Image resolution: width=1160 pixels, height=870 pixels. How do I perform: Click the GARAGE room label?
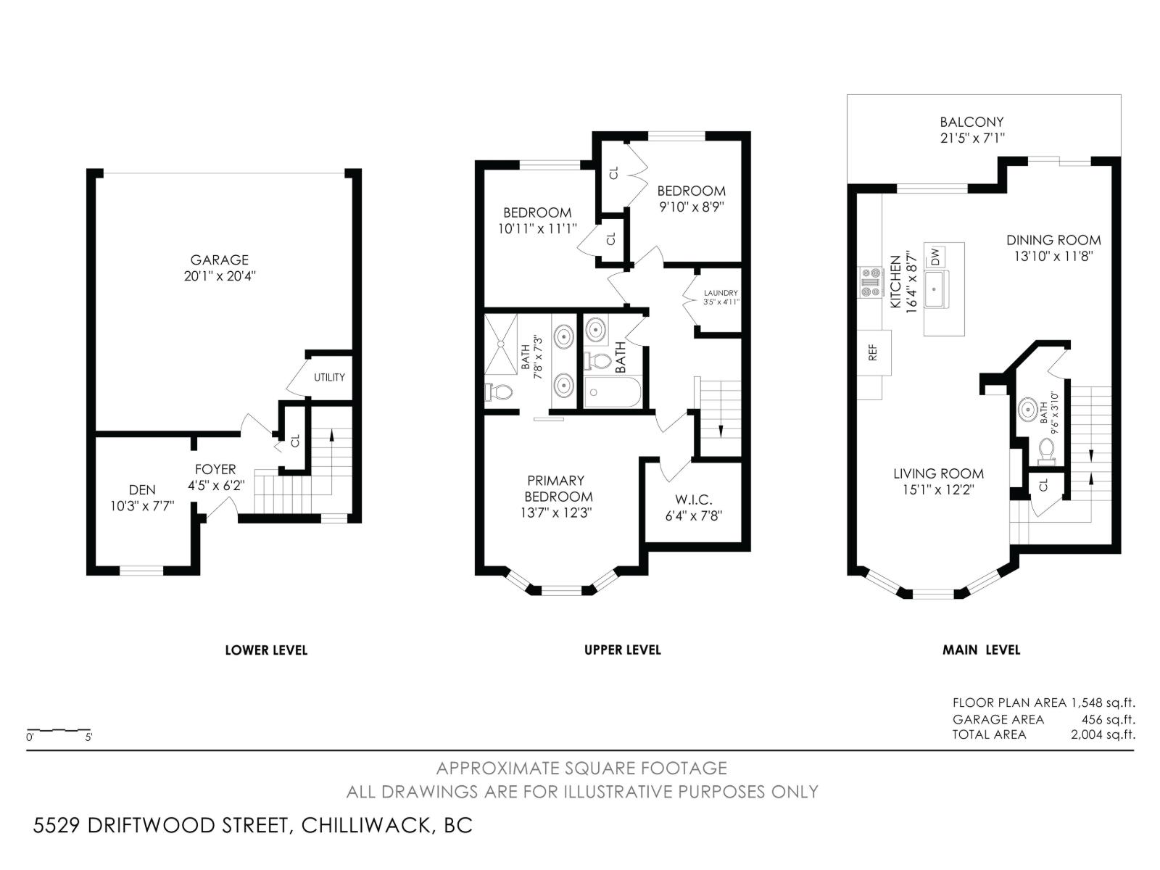(219, 260)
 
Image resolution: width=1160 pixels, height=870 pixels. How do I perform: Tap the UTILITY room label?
(329, 378)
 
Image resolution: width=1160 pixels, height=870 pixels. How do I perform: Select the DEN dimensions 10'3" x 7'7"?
(142, 506)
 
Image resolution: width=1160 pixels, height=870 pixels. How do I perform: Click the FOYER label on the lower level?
(215, 470)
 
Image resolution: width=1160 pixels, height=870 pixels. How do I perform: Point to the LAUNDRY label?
(721, 293)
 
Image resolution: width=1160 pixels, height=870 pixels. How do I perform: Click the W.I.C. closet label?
(694, 500)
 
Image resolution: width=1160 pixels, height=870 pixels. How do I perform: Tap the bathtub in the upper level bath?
(613, 393)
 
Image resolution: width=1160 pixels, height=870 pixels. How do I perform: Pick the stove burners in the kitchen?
(869, 282)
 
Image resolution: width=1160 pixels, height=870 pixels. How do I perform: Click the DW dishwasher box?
(935, 257)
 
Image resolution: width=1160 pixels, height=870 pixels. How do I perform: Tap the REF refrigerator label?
(873, 352)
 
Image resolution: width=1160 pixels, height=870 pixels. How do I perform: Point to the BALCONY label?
(971, 122)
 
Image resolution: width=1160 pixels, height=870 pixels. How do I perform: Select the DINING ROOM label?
(1053, 240)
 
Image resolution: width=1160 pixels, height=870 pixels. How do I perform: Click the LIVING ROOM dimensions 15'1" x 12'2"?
(938, 489)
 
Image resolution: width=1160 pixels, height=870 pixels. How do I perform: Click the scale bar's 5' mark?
(88, 737)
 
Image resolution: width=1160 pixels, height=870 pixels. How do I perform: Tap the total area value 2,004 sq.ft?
(1102, 734)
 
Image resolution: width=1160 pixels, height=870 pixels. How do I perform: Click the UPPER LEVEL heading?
(622, 650)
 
